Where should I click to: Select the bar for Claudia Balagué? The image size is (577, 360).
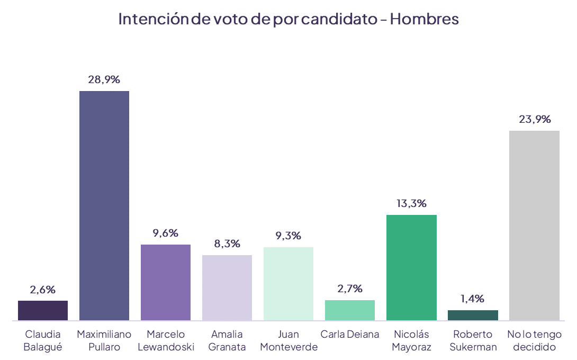43,310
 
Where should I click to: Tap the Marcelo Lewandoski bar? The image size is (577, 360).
166,282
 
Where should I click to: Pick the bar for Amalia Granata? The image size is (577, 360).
227,287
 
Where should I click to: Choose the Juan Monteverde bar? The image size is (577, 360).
288,284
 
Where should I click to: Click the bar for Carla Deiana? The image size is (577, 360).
350,310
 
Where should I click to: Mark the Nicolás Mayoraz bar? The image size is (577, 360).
411,267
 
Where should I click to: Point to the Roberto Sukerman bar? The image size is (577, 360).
473,315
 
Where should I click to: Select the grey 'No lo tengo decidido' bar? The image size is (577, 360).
534,226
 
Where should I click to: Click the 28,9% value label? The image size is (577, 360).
104,80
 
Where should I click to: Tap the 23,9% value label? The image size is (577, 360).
535,120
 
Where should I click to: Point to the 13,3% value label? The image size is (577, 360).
411,204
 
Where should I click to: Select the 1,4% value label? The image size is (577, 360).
473,299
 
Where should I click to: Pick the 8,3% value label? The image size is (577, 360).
227,244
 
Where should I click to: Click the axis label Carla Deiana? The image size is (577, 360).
350,335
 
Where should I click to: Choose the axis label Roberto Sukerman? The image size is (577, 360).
473,341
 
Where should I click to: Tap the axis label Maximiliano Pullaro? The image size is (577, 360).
104,341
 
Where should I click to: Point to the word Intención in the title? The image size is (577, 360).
153,19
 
